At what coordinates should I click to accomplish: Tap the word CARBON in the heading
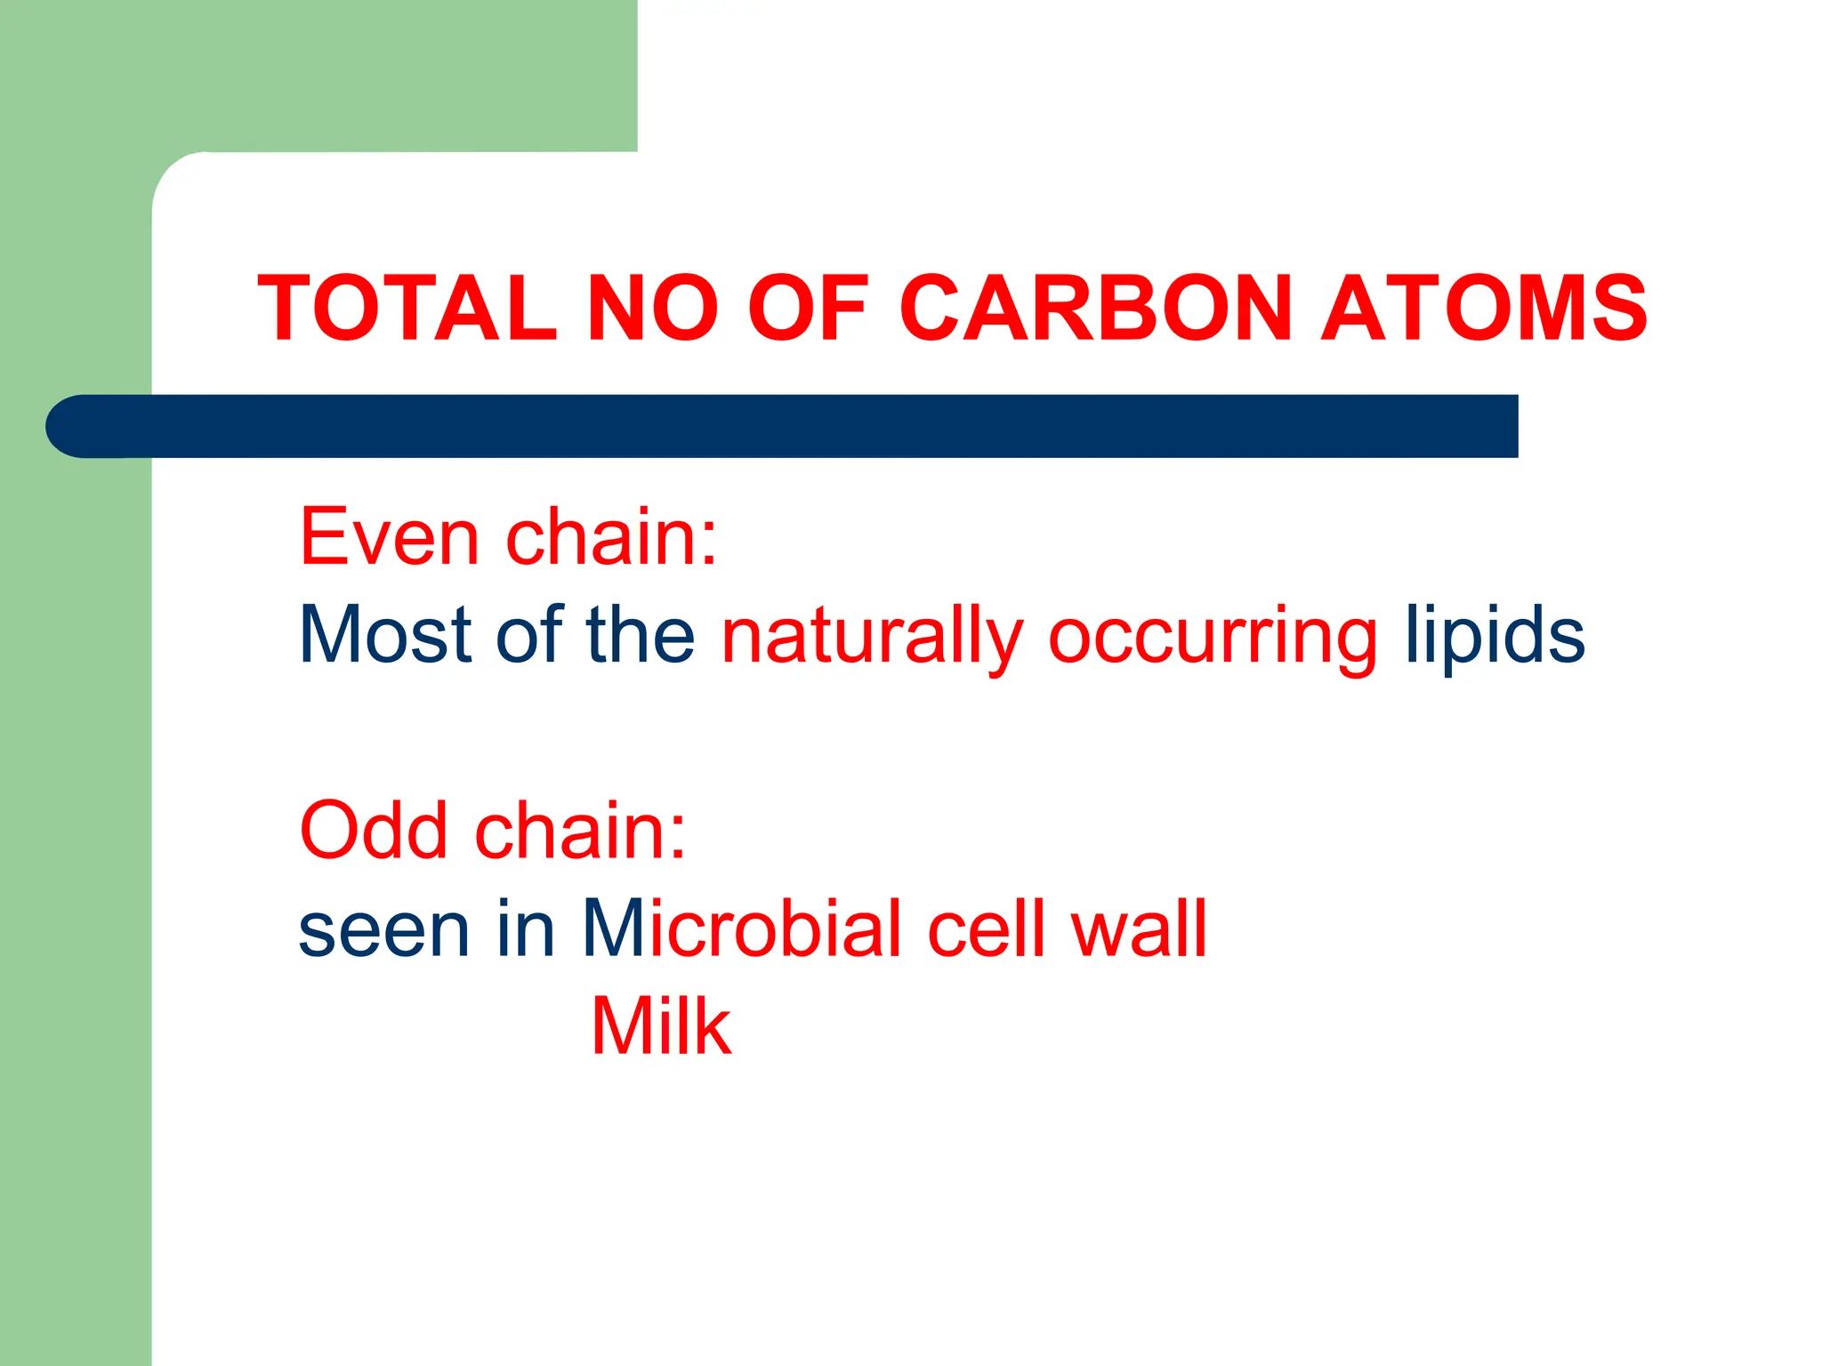point(1095,308)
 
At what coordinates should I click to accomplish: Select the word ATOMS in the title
point(1484,308)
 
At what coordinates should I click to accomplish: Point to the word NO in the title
point(652,308)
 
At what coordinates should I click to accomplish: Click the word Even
point(389,537)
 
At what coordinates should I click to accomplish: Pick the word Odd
point(374,831)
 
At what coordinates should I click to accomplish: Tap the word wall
point(1139,928)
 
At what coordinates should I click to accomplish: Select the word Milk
point(661,1026)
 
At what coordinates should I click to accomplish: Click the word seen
point(383,930)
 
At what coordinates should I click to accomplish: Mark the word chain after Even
point(610,537)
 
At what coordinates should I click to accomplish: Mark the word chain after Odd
point(580,831)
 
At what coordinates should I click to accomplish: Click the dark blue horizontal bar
point(783,426)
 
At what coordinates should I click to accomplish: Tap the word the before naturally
point(641,635)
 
